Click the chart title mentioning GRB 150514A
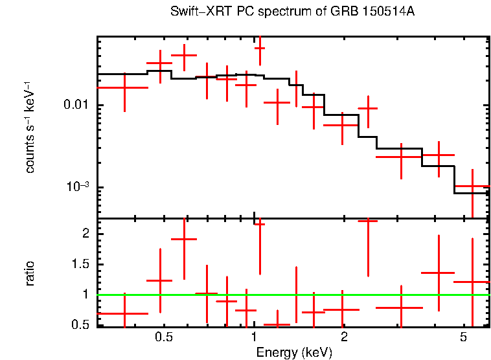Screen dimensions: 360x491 coord(292,12)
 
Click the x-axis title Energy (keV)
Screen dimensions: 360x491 coord(293,352)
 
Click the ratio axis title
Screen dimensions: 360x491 coord(30,273)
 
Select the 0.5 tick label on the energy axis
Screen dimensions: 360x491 coord(164,337)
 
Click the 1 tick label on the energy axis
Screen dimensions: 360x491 coord(254,337)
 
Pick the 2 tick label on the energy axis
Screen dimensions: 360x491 coord(344,337)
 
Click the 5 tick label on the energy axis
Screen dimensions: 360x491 coord(462,337)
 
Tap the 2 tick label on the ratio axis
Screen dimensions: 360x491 coord(84,233)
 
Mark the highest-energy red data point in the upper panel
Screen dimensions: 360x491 coord(472,187)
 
